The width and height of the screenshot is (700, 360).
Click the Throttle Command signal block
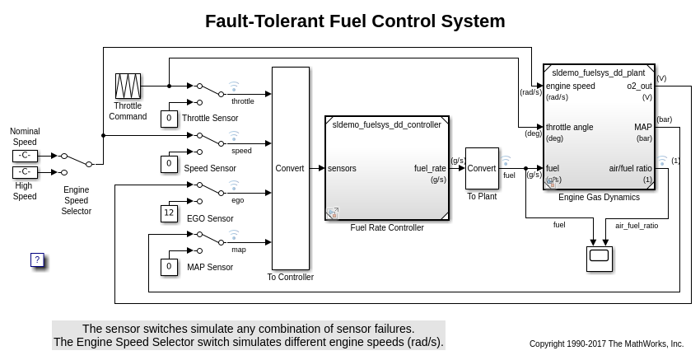pyautogui.click(x=128, y=86)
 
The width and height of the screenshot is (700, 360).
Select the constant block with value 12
pyautogui.click(x=169, y=213)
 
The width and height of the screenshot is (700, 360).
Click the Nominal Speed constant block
pyautogui.click(x=25, y=155)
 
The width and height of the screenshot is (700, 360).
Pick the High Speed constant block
pyautogui.click(x=25, y=172)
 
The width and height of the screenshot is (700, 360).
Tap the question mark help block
pyautogui.click(x=37, y=259)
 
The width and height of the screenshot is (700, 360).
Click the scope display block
pyautogui.click(x=599, y=258)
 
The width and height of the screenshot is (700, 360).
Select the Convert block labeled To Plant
pyautogui.click(x=482, y=168)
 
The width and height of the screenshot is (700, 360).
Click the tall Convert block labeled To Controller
pyautogui.click(x=290, y=168)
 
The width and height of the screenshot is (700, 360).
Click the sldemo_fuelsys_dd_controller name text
pyautogui.click(x=386, y=125)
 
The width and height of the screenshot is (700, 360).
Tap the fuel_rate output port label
pyautogui.click(x=430, y=168)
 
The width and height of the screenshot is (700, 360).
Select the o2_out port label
pyautogui.click(x=639, y=86)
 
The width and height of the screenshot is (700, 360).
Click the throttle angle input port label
pyautogui.click(x=570, y=127)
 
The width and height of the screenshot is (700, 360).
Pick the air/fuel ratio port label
pyautogui.click(x=631, y=168)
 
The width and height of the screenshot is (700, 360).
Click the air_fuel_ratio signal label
pyautogui.click(x=637, y=225)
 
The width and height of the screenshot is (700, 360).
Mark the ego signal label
pyautogui.click(x=237, y=200)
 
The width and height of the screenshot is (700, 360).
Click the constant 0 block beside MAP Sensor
pyautogui.click(x=169, y=267)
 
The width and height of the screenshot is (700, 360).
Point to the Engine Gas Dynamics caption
pyautogui.click(x=599, y=198)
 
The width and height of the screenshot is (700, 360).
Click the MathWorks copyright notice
pyautogui.click(x=606, y=344)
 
